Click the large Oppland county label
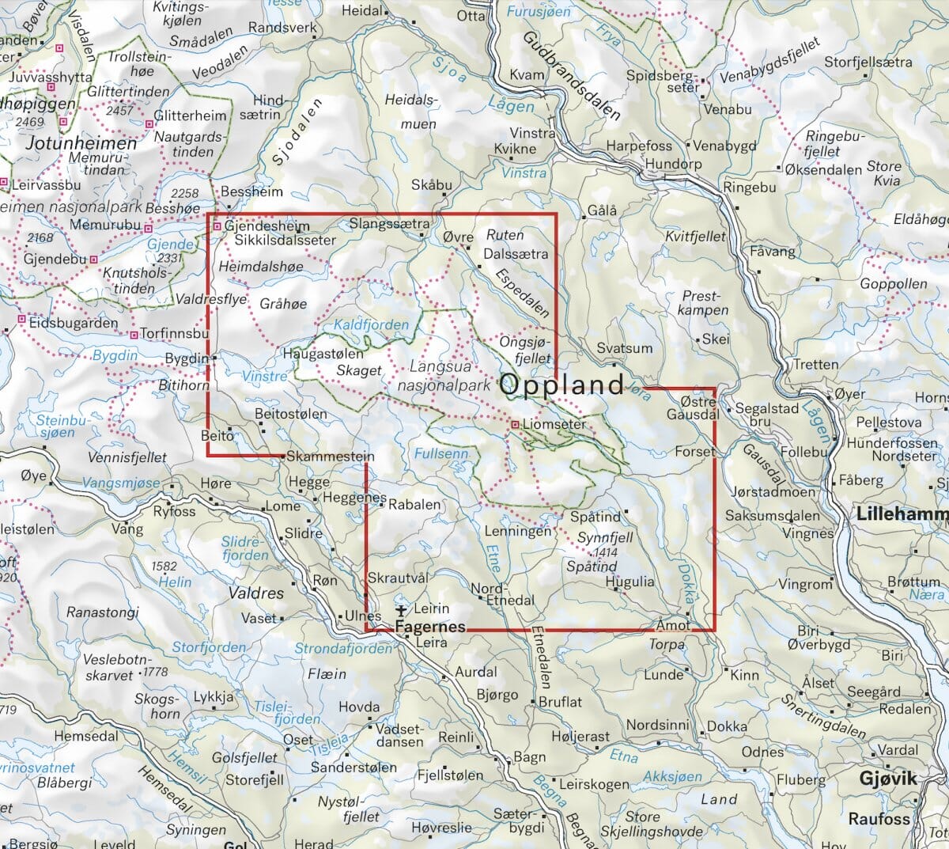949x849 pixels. (562, 385)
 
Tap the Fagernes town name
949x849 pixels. (429, 626)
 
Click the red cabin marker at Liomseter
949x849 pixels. (515, 425)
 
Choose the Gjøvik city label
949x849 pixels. (888, 779)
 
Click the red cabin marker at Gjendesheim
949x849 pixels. (217, 227)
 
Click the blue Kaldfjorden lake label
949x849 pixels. (372, 325)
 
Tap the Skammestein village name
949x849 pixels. (330, 457)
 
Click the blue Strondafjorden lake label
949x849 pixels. (342, 649)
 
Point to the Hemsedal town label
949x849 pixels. (85, 737)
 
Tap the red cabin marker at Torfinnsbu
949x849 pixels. (134, 335)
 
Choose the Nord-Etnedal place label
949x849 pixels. (503, 594)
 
